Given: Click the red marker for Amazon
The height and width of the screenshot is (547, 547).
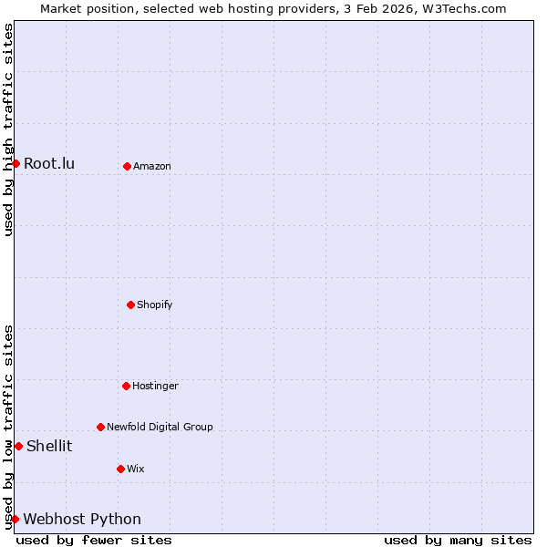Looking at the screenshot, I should point(127,166).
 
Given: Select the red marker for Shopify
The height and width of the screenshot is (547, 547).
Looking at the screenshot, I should point(130,304).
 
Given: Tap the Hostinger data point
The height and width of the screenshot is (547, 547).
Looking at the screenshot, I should point(126,386).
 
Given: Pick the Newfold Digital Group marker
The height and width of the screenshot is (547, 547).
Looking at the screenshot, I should point(100,427).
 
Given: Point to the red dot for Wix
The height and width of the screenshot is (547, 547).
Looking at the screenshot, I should point(120,469).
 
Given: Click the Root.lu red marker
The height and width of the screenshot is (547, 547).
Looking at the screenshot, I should point(15,163).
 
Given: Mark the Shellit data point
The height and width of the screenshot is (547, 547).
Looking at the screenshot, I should point(18,446).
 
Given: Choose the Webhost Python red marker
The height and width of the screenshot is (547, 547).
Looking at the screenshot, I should point(15,519).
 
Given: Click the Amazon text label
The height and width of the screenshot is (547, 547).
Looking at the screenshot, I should point(152,166).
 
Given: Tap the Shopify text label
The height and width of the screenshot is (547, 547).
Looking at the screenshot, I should point(155,304).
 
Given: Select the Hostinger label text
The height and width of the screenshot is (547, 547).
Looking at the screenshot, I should point(155,386).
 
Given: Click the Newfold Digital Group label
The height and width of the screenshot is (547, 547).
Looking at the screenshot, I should point(160,427).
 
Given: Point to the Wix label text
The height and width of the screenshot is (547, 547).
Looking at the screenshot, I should point(136,469).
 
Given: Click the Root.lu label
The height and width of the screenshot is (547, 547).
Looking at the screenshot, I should point(49,163).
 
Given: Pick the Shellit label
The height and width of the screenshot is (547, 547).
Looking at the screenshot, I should point(49,446).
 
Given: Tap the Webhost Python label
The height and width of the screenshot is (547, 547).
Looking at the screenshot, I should point(82,519).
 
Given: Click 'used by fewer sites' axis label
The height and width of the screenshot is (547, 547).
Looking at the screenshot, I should point(94,540).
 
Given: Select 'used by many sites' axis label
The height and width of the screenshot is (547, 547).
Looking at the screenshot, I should point(458,540).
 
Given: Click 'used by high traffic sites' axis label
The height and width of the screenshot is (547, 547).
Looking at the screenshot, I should point(8,130).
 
